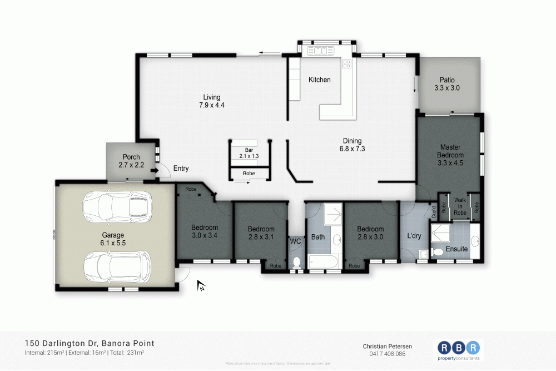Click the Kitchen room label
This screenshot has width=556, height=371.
(x=320, y=80)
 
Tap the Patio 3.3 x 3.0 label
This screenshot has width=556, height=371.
(x=447, y=84)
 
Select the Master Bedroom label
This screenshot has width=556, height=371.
(x=450, y=155)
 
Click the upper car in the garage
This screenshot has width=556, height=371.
(x=117, y=206)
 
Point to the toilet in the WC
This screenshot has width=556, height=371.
(x=295, y=262)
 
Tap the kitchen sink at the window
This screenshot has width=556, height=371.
(x=320, y=51)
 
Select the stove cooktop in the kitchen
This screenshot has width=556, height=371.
(x=347, y=64)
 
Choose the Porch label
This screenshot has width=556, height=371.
(x=129, y=161)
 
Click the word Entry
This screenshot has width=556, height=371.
(x=181, y=169)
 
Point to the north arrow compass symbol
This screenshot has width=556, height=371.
(x=201, y=286)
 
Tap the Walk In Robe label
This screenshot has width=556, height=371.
(x=460, y=206)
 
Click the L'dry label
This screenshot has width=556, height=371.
(x=414, y=236)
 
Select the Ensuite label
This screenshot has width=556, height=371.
(x=456, y=249)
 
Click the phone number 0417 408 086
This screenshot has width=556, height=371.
(x=388, y=354)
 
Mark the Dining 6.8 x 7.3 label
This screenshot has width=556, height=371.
(x=352, y=145)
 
